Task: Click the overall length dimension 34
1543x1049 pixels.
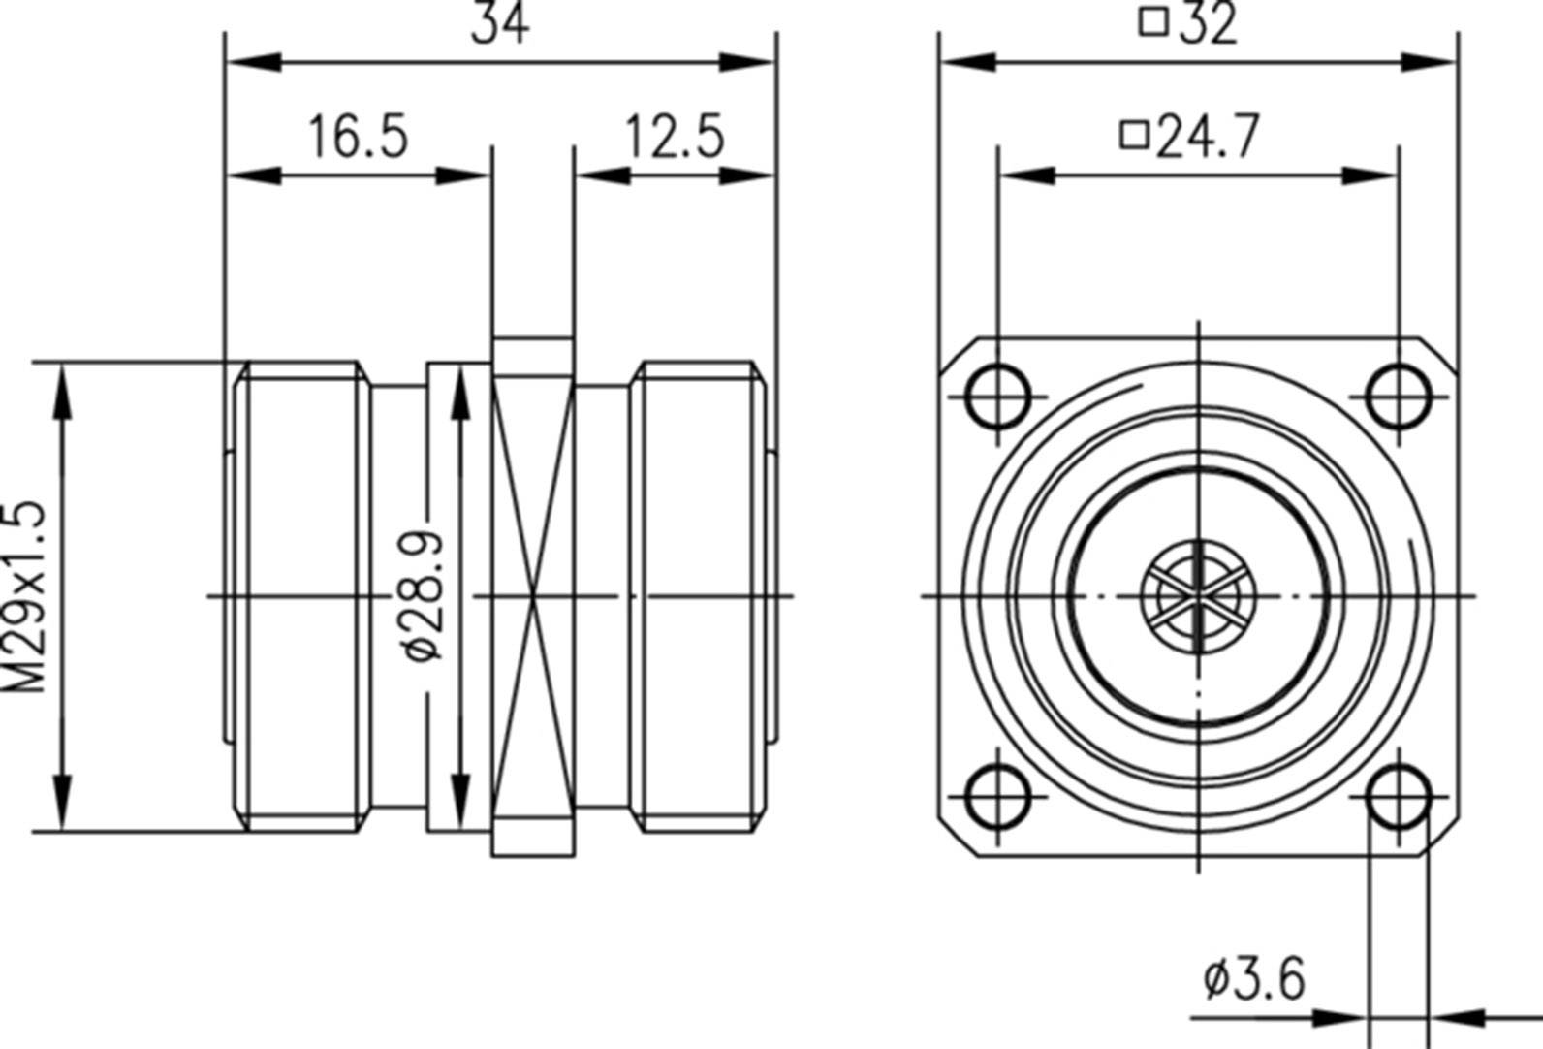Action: pyautogui.click(x=500, y=24)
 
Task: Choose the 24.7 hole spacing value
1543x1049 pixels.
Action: pyautogui.click(x=1209, y=137)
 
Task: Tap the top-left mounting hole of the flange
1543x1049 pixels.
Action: pyautogui.click(x=998, y=397)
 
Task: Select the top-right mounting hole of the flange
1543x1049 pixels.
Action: pyautogui.click(x=1399, y=397)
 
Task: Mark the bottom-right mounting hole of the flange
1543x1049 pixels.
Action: pyautogui.click(x=1399, y=796)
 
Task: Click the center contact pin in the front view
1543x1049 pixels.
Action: pyautogui.click(x=1199, y=595)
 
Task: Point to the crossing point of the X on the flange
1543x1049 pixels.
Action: pyautogui.click(x=533, y=595)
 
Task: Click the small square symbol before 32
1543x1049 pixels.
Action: pyautogui.click(x=1153, y=21)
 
